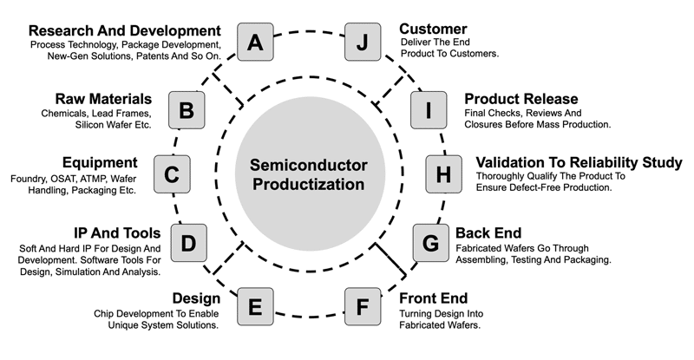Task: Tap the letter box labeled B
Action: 187,110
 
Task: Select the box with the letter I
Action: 429,110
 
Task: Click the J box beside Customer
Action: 363,42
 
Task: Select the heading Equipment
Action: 100,162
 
